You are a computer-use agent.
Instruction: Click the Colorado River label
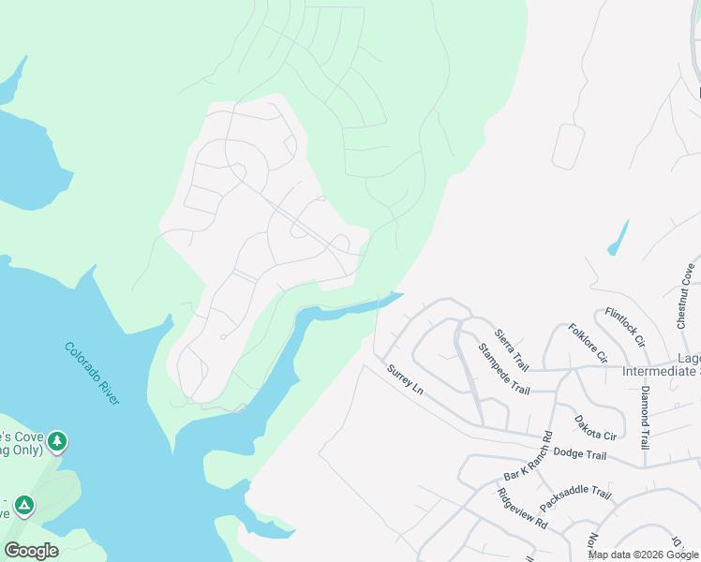point(92,373)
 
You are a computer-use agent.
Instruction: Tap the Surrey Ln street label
point(406,378)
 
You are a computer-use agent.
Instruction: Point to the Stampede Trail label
point(503,369)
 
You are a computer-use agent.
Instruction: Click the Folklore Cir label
point(588,343)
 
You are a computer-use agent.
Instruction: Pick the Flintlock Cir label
point(625,327)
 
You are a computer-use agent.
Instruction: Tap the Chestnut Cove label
point(684,296)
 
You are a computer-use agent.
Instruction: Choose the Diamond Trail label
point(645,418)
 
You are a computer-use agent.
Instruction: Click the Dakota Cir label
point(595,428)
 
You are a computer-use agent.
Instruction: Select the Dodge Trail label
point(580,454)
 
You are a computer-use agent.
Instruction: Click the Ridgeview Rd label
point(523,510)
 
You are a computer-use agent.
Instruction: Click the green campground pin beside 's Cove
point(57,440)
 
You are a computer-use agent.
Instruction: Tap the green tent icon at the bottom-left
point(23,506)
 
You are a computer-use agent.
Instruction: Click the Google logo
point(31,550)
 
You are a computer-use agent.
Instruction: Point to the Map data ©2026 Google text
point(642,555)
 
